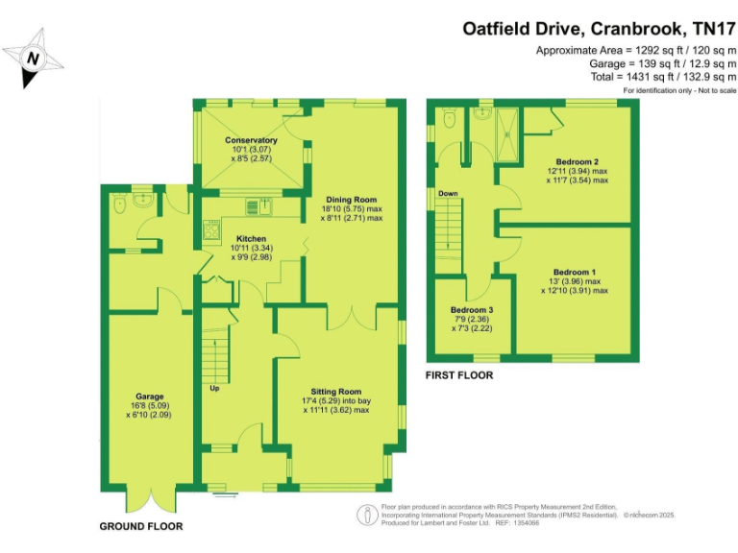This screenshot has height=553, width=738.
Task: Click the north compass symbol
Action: click(x=35, y=59)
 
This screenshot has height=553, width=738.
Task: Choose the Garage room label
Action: click(x=149, y=397)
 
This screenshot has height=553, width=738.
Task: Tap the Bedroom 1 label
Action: click(x=576, y=273)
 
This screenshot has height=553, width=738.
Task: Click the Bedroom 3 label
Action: click(x=472, y=310)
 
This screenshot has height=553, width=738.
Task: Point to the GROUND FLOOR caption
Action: click(x=141, y=527)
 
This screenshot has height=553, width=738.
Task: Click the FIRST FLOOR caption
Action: click(x=459, y=375)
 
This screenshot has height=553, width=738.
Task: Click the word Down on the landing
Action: click(x=448, y=193)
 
